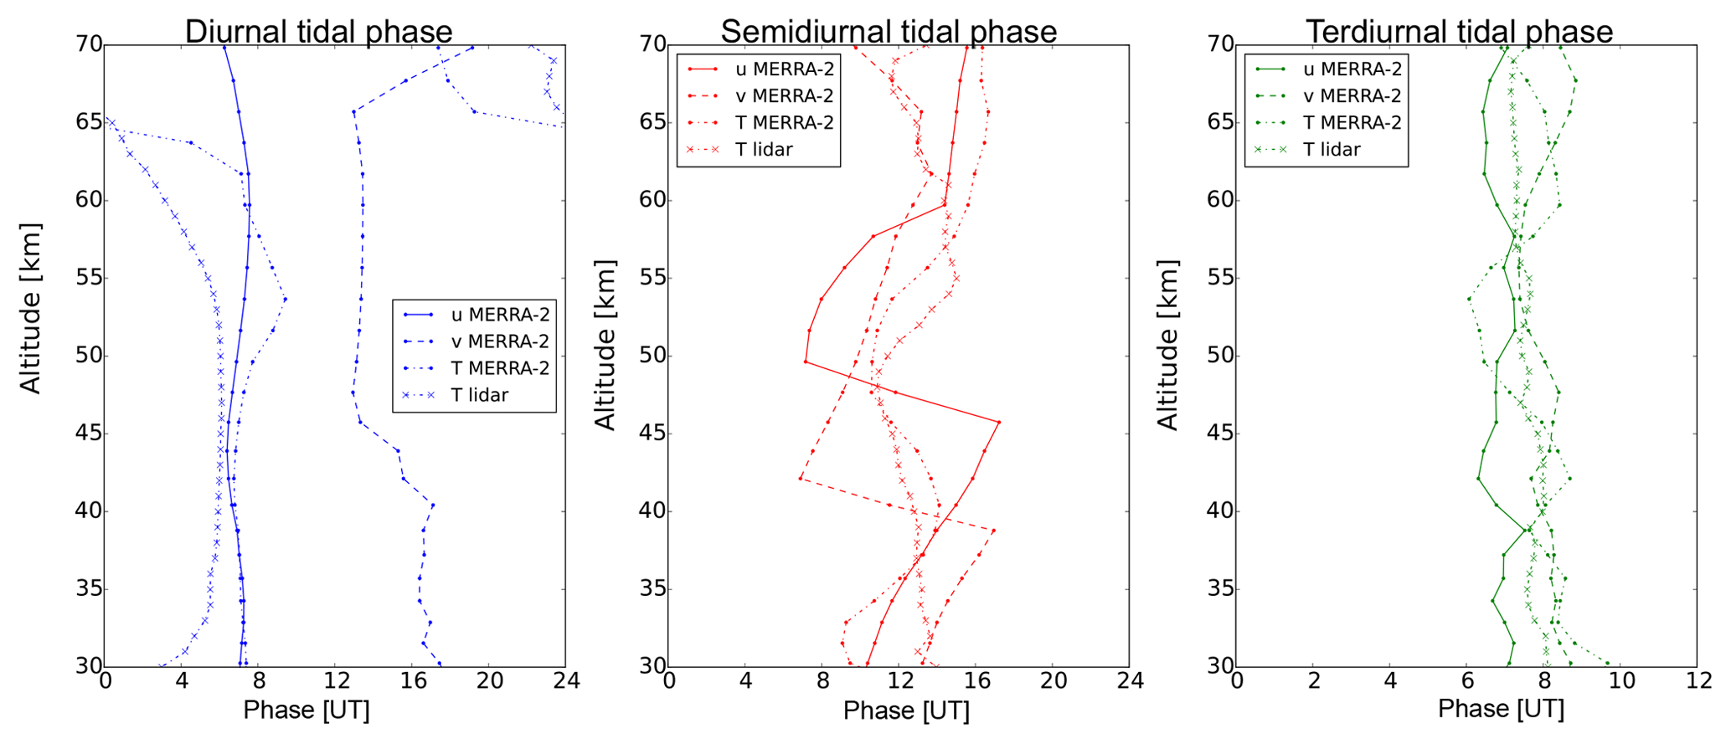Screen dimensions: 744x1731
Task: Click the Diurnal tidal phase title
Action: (x=318, y=32)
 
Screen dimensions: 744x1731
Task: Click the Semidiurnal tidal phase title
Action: (x=889, y=32)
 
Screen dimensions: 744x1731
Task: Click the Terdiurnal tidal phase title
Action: (x=1459, y=32)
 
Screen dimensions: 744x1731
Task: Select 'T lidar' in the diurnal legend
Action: (x=479, y=395)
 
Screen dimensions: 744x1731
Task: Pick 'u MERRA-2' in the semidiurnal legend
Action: (x=784, y=69)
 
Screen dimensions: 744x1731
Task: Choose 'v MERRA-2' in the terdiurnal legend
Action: (x=1352, y=96)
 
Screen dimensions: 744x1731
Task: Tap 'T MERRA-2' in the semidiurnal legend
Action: (x=784, y=123)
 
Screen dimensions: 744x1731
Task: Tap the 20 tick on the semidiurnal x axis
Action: (x=1053, y=682)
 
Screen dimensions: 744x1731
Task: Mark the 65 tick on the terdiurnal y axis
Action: (x=1218, y=122)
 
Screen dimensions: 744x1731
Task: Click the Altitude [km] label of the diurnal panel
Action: (x=30, y=308)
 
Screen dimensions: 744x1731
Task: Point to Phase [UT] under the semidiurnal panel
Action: (x=906, y=711)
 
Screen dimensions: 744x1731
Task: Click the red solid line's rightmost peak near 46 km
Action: (x=999, y=423)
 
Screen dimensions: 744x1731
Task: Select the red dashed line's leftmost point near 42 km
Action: (x=801, y=479)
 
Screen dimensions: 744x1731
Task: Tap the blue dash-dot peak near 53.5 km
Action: (x=286, y=299)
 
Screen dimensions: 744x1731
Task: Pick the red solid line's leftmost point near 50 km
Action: (x=806, y=362)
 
